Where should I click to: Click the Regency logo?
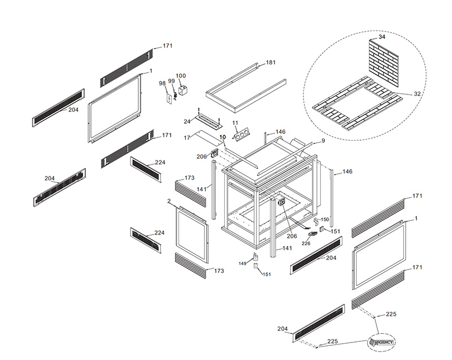(382, 342)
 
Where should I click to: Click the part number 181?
(271, 63)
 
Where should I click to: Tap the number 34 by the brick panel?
(381, 37)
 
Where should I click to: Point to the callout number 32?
(417, 94)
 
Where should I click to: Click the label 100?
(181, 76)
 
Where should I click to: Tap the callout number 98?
(162, 84)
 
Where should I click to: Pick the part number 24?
(187, 122)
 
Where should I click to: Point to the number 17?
(187, 137)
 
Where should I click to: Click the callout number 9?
(323, 141)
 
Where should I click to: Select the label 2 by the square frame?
(169, 201)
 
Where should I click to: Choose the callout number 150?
(325, 219)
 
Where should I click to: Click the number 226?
(306, 244)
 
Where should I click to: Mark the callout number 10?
(222, 137)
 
